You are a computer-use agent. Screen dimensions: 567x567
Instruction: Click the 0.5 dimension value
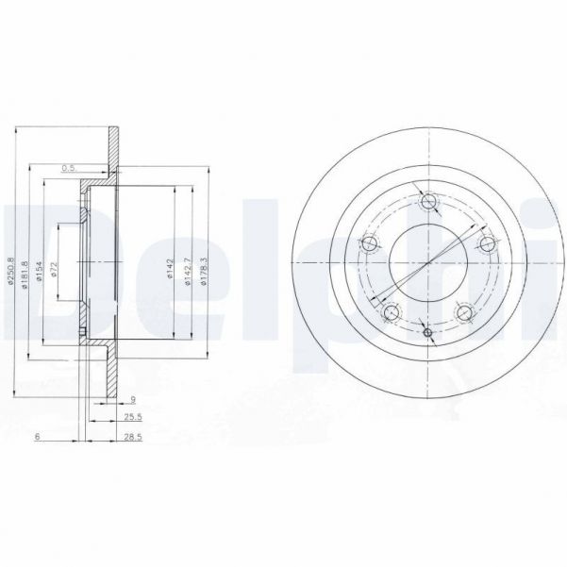pyautogui.click(x=67, y=168)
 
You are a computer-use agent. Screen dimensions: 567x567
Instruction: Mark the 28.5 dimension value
pyautogui.click(x=132, y=438)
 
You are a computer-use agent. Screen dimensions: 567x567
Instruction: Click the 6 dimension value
pyautogui.click(x=37, y=438)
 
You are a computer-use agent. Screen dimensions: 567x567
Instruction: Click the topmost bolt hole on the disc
pyautogui.click(x=429, y=201)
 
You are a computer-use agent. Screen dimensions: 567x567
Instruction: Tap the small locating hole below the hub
pyautogui.click(x=427, y=332)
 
